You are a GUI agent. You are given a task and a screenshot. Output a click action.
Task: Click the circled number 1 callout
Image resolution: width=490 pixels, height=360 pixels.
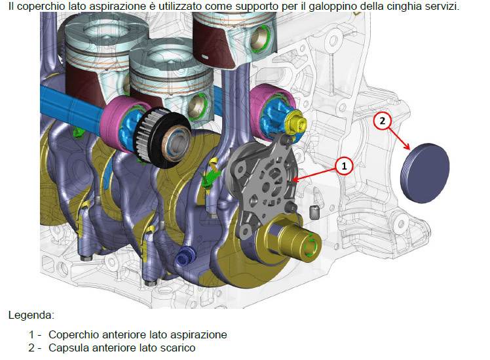(x=344, y=166)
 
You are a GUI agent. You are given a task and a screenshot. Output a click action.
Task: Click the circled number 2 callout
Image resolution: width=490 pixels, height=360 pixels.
(x=383, y=121)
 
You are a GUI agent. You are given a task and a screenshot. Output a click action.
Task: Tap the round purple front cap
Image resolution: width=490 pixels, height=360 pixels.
(x=425, y=172)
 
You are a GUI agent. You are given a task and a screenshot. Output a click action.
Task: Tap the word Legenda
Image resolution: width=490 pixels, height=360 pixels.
(x=31, y=315)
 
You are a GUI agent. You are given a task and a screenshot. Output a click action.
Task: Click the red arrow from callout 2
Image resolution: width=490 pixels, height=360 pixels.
(x=399, y=138)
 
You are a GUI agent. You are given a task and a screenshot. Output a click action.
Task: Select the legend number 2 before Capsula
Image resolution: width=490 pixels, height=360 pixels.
(x=31, y=348)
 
